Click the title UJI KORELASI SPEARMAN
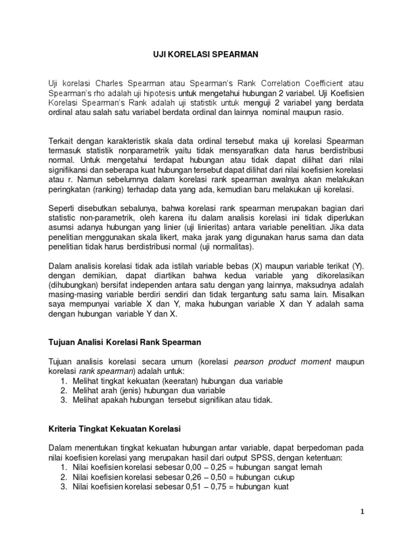point(206,54)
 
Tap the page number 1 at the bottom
point(362,512)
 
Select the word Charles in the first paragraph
point(111,83)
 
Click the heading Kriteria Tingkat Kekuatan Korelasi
point(115,429)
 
